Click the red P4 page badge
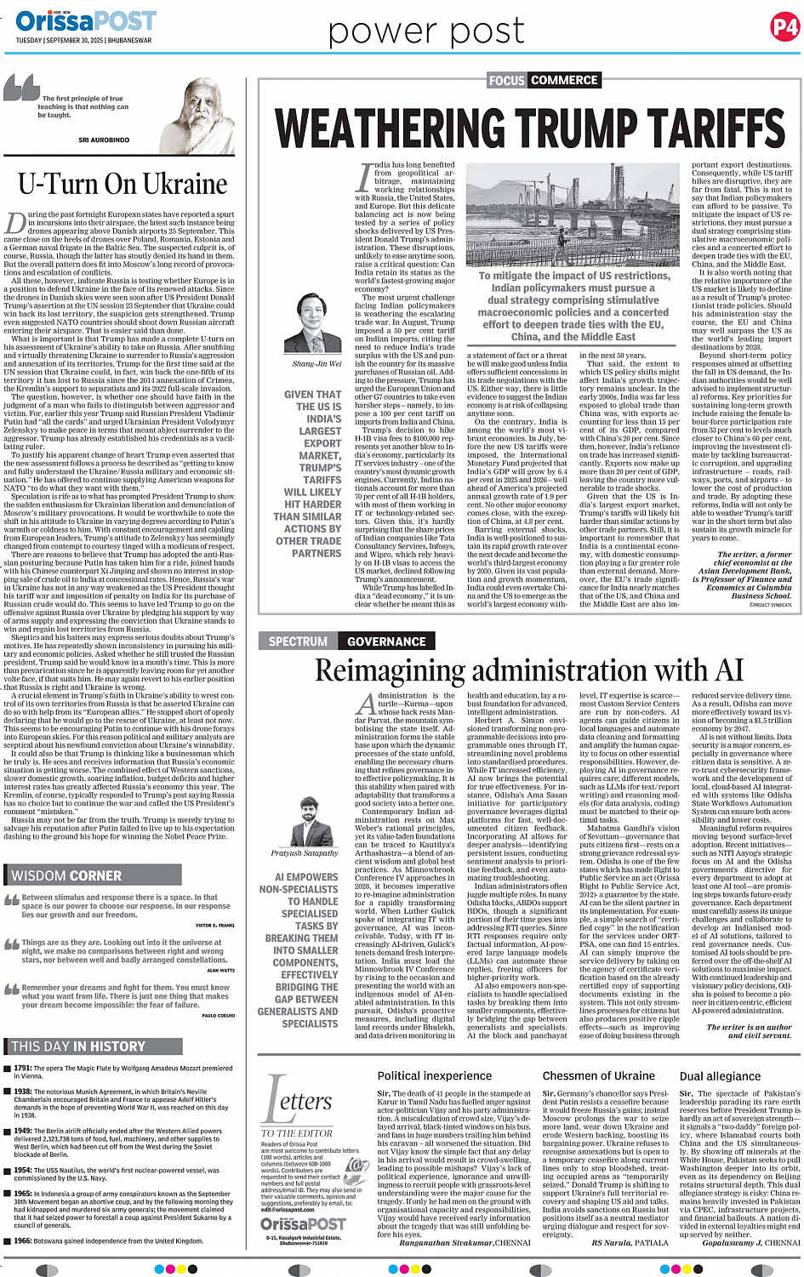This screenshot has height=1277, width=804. [x=784, y=27]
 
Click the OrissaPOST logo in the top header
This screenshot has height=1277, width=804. [x=85, y=20]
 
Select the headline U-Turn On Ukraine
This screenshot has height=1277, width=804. [x=123, y=184]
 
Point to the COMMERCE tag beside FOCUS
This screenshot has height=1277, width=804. [x=564, y=80]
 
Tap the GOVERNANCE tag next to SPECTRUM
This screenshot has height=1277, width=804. [x=386, y=641]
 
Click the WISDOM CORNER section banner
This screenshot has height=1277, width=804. [x=66, y=875]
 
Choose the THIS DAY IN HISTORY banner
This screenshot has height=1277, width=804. [x=78, y=1046]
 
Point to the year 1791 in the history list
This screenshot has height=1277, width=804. [x=23, y=1068]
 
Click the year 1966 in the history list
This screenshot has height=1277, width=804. [x=23, y=1241]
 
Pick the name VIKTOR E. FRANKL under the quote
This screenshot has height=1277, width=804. [x=214, y=925]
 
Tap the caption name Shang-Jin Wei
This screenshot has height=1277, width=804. [x=316, y=363]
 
